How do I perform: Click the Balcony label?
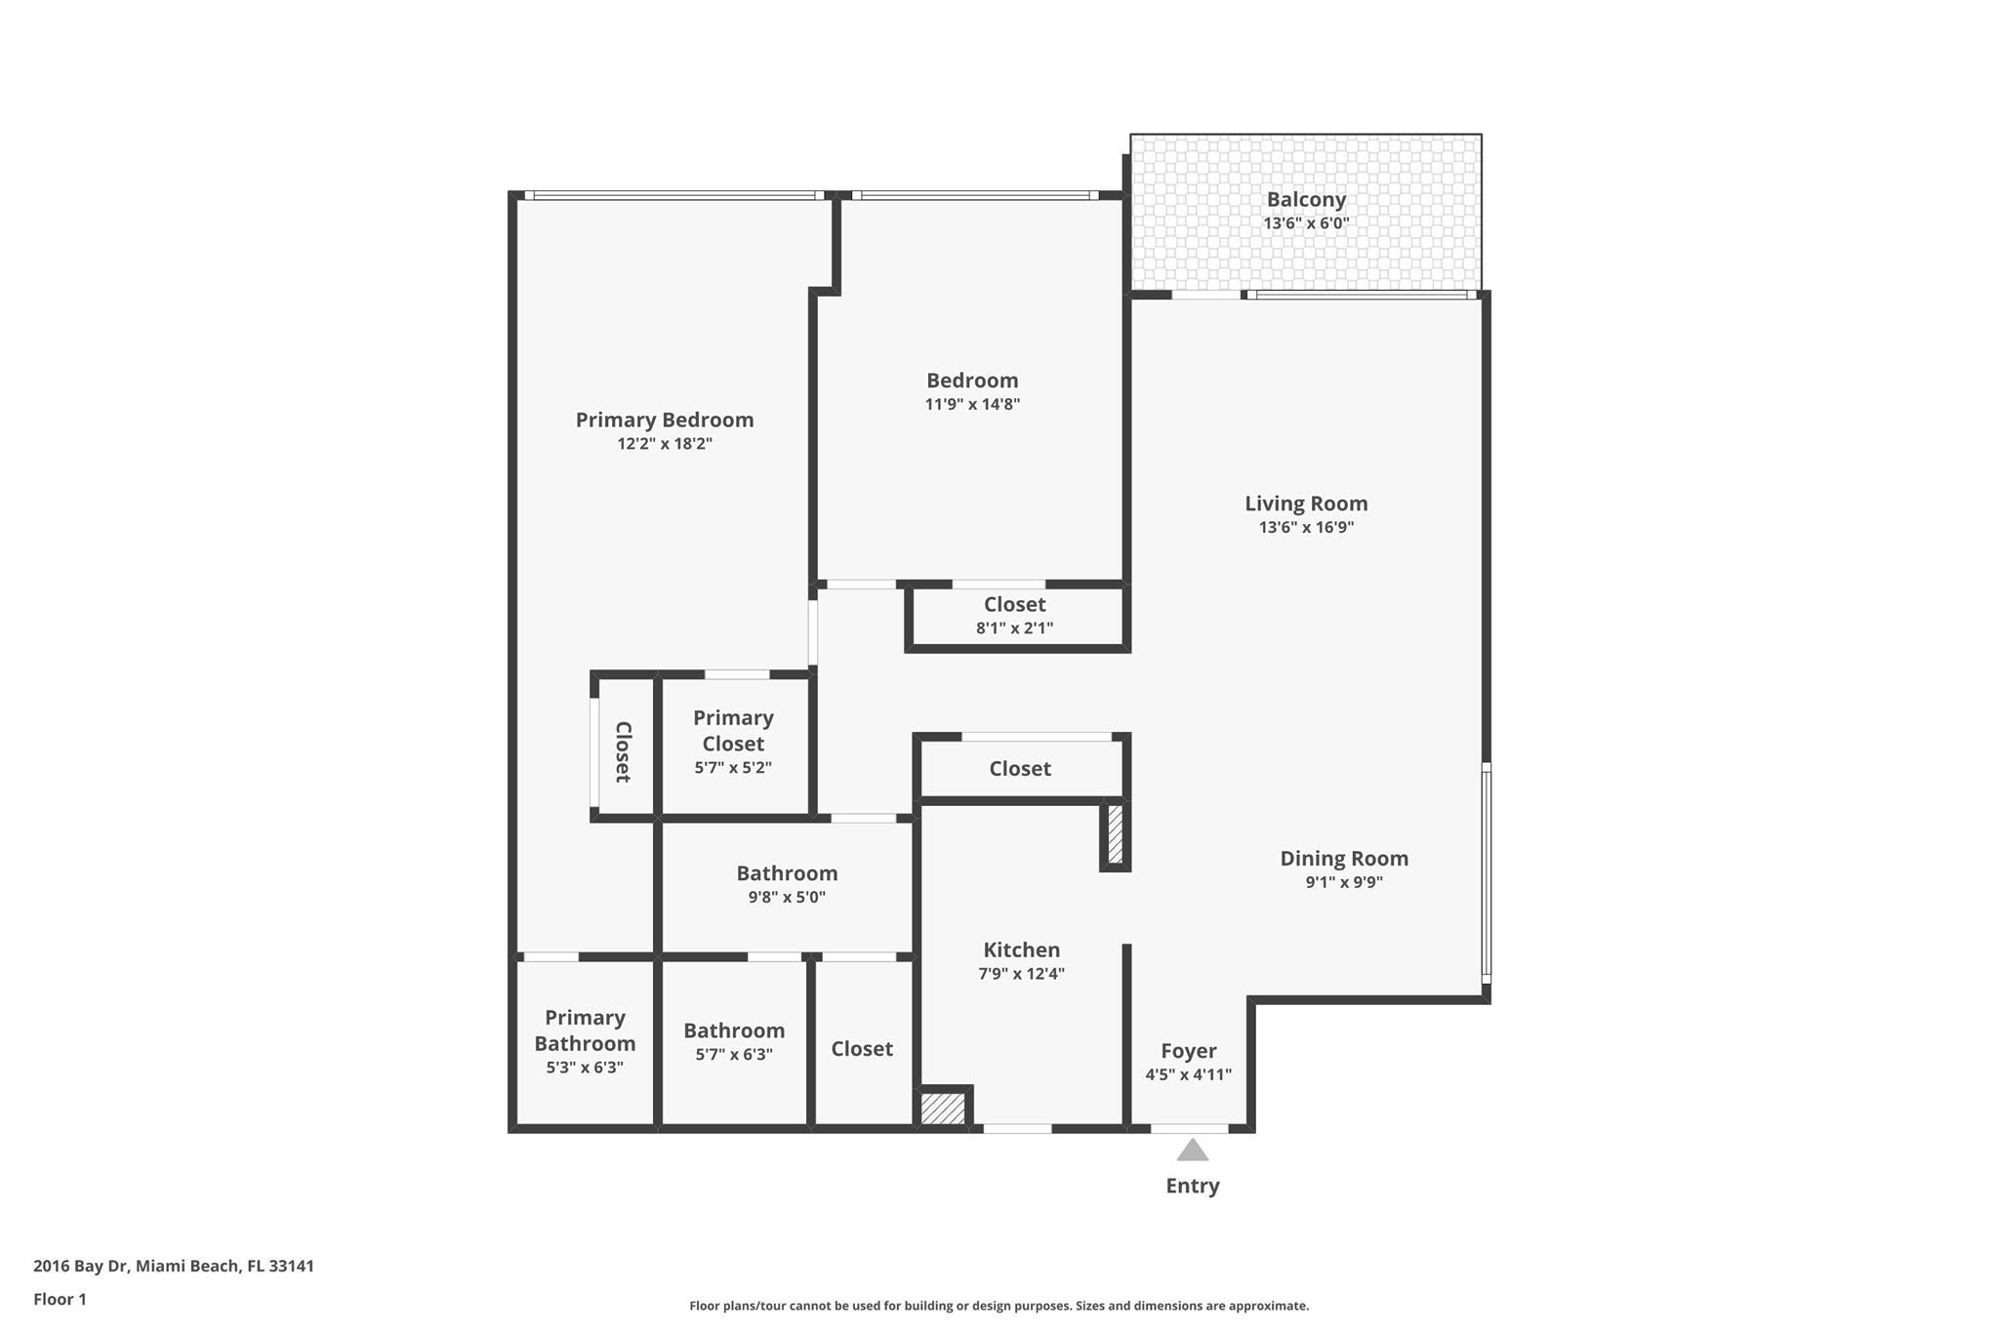point(1306,200)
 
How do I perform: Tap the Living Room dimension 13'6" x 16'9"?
point(1306,528)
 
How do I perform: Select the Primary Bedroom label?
point(664,421)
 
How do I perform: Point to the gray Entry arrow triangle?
point(1192,1150)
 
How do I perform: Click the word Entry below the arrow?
point(1192,1186)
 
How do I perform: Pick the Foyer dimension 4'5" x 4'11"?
point(1188,1075)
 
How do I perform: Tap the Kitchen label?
point(1021,950)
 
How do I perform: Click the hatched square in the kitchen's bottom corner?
point(943,1109)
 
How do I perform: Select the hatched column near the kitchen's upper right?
point(1116,834)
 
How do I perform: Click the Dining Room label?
point(1343,859)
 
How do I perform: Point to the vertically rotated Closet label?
point(623,751)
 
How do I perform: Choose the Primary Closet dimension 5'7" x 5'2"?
point(733,768)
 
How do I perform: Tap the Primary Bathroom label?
point(585,1030)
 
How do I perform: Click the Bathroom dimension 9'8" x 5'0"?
point(787,898)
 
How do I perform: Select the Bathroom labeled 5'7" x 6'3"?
point(733,1031)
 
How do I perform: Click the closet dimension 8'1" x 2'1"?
point(1014,628)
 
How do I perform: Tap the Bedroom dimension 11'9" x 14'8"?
point(972,405)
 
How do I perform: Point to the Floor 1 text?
point(60,1300)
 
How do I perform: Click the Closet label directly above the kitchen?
point(1020,769)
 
